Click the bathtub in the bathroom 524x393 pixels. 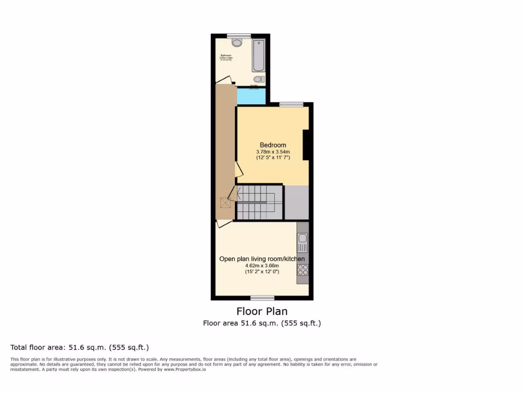pyautogui.click(x=258, y=55)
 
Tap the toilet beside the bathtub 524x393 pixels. pyautogui.click(x=259, y=79)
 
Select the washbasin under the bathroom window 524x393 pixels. pyautogui.click(x=236, y=43)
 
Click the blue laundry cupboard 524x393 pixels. pyautogui.click(x=251, y=96)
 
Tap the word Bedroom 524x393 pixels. pyautogui.click(x=273, y=145)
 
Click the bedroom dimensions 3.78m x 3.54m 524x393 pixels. pyautogui.click(x=273, y=151)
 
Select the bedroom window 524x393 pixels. pyautogui.click(x=291, y=104)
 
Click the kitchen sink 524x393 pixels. pyautogui.click(x=302, y=238)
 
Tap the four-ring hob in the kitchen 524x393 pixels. pyautogui.click(x=302, y=270)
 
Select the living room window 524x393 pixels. pyautogui.click(x=262, y=297)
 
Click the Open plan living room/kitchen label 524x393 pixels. pyautogui.click(x=262, y=259)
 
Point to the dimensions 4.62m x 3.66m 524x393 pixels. pyautogui.click(x=262, y=265)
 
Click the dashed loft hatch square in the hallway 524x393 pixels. pyautogui.click(x=225, y=203)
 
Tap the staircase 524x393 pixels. pyautogui.click(x=258, y=202)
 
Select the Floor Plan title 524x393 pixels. pyautogui.click(x=261, y=311)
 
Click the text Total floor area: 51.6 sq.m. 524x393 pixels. pyautogui.click(x=79, y=347)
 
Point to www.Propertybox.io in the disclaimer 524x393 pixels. pyautogui.click(x=185, y=369)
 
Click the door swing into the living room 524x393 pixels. pyautogui.click(x=224, y=223)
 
